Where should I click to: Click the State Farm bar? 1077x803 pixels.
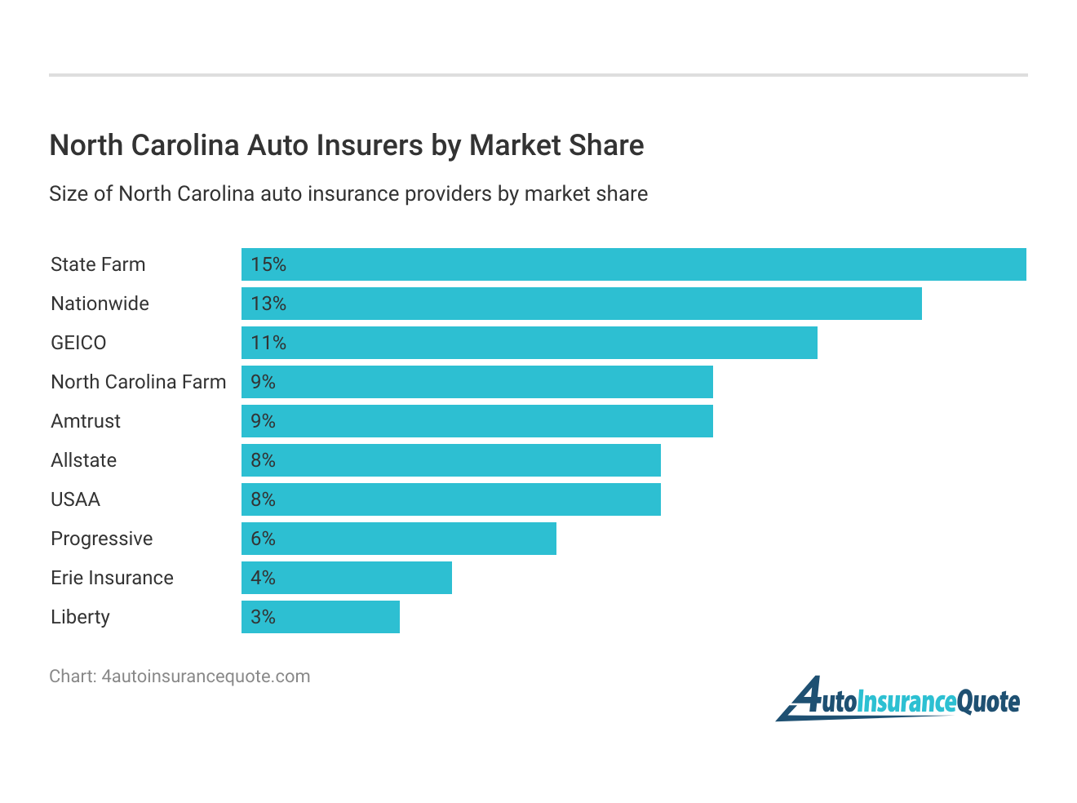(633, 264)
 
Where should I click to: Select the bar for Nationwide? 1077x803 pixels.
(581, 304)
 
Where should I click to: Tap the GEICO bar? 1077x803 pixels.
(529, 343)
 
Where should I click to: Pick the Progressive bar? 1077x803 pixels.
(398, 539)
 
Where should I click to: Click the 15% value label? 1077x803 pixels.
(268, 264)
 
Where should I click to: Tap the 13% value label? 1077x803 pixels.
(268, 304)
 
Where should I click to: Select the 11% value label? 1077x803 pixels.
(268, 343)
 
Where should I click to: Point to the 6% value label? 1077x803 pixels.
(263, 539)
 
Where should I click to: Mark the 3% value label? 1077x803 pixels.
(263, 617)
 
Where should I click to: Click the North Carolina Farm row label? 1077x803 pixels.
(138, 382)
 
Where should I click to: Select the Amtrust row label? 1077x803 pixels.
(86, 421)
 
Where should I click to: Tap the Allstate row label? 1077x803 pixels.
(83, 460)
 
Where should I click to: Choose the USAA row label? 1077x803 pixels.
(75, 499)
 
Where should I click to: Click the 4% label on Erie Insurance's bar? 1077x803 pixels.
(263, 578)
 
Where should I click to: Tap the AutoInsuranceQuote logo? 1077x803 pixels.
(898, 700)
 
